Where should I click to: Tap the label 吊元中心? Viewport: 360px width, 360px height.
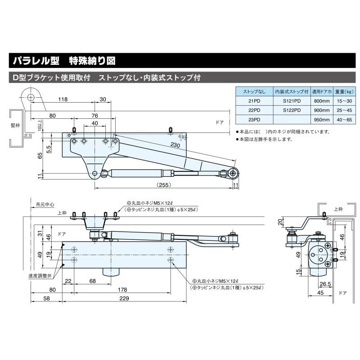tap(45, 204)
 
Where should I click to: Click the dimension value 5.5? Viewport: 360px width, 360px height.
tap(48, 147)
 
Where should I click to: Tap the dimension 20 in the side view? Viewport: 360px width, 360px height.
tap(280, 222)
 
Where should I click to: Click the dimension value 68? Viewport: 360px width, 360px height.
tap(92, 281)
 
